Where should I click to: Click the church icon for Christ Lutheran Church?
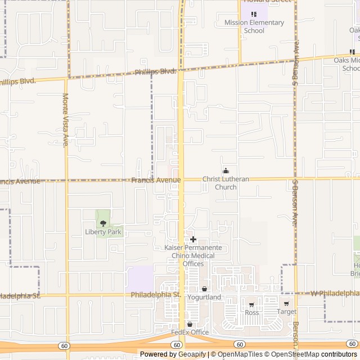click(226, 171)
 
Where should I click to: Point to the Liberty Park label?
click(103, 232)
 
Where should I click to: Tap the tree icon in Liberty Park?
click(103, 223)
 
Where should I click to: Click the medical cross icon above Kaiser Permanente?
click(193, 240)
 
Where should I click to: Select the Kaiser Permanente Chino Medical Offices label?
click(193, 255)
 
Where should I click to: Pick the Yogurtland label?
click(204, 297)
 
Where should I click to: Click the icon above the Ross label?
click(249, 304)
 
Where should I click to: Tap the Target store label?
click(286, 312)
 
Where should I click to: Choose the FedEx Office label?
click(190, 332)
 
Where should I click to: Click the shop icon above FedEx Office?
click(190, 325)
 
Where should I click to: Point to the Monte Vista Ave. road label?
click(66, 119)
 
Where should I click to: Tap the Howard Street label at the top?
click(267, 2)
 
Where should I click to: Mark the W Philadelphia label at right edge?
click(335, 293)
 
